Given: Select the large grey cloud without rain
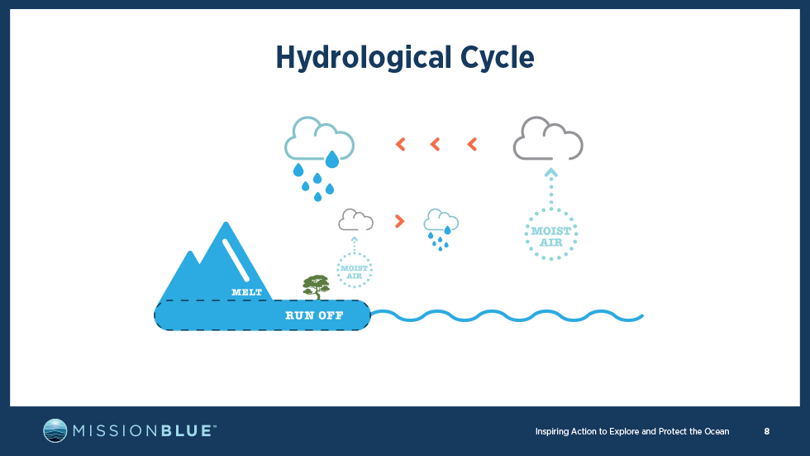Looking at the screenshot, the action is (548, 138).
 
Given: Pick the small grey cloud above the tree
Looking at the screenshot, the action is (356, 220).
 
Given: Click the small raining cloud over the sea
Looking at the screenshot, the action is (441, 229).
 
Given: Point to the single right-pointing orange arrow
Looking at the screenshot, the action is (399, 221).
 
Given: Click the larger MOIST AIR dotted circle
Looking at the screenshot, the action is (551, 234).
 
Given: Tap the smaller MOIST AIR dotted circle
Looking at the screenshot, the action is (355, 270).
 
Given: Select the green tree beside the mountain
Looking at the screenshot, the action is (316, 287).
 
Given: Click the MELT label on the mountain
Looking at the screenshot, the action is (246, 293).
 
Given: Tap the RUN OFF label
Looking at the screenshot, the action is (314, 315).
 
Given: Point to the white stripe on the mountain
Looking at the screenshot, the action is (236, 260).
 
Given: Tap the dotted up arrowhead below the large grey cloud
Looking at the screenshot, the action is (551, 172).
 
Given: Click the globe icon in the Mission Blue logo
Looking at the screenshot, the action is (55, 430).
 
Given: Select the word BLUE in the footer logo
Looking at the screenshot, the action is (187, 431).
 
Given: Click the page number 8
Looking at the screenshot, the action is (767, 431).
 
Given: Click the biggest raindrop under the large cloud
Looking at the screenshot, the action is (332, 159).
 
